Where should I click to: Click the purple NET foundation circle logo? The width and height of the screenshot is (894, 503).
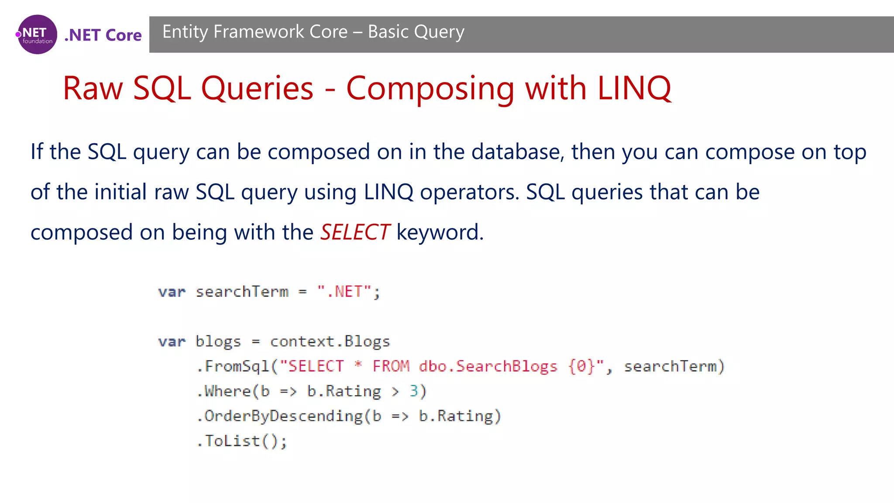point(37,34)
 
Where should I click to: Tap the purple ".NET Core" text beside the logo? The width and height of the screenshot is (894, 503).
point(103,35)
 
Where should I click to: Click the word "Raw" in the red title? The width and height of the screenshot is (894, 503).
point(93,88)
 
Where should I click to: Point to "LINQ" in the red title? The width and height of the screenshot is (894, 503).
point(634,88)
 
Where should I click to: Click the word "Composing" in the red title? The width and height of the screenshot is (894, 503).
point(430,89)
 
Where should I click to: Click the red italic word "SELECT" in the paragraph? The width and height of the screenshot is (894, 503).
point(355,232)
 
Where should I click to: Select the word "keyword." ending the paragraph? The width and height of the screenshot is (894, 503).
point(440,232)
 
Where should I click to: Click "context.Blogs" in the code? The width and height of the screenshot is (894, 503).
point(330,341)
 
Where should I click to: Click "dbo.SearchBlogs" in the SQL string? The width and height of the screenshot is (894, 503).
point(488,366)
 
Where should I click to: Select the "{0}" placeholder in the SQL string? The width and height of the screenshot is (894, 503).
point(581,366)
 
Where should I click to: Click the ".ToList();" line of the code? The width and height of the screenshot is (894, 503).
point(242,441)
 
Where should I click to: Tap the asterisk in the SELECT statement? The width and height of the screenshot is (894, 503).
point(358,365)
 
